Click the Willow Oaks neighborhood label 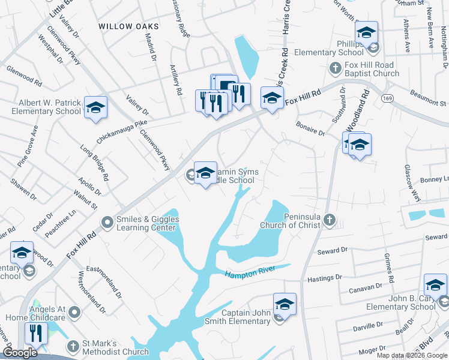(x=129, y=26)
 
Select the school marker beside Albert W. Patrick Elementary (x=95, y=108)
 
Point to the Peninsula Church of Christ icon (x=329, y=220)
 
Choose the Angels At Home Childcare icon (x=74, y=312)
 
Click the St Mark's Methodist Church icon (x=73, y=347)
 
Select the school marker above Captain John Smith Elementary (x=285, y=304)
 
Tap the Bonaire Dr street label (x=310, y=128)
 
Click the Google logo (x=20, y=353)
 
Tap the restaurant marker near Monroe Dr (x=36, y=334)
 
